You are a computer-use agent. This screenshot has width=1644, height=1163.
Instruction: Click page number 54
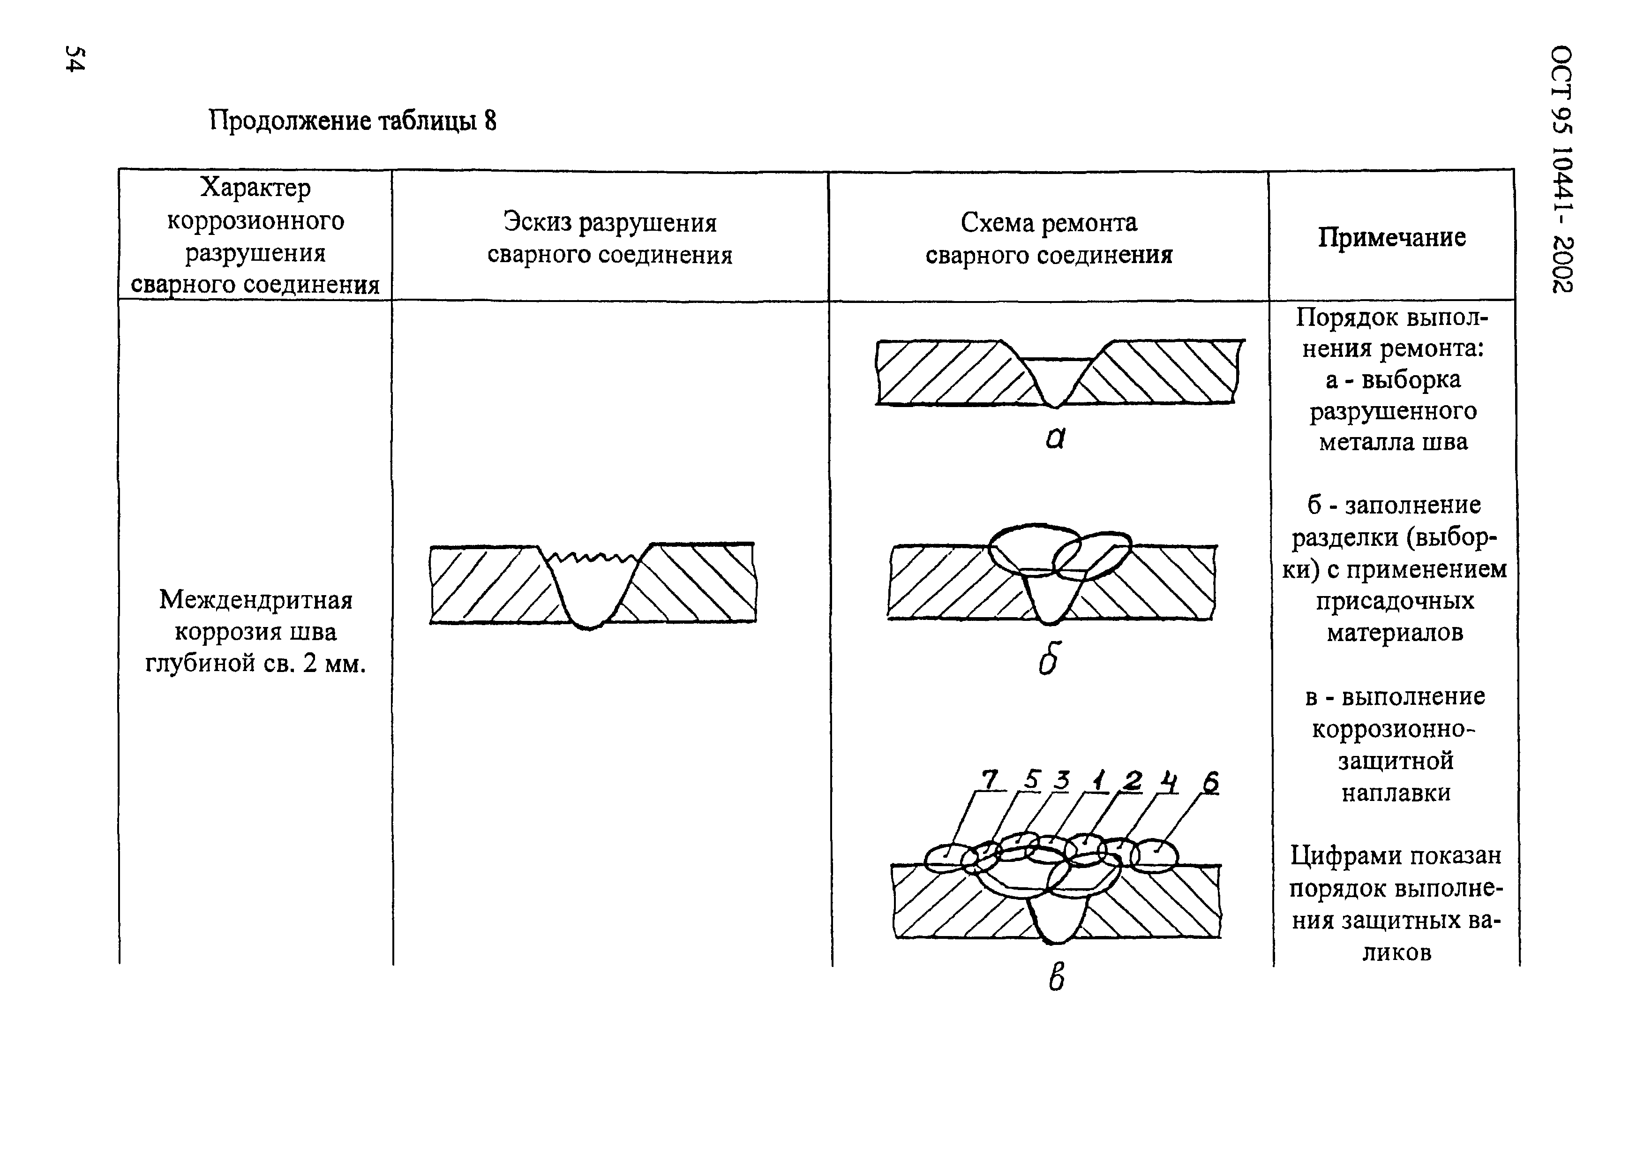[x=75, y=59]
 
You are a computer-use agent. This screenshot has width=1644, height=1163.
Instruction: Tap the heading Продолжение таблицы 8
[x=353, y=121]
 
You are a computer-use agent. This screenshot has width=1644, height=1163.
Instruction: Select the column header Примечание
[x=1391, y=237]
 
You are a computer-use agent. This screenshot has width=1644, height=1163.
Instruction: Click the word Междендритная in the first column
[x=255, y=599]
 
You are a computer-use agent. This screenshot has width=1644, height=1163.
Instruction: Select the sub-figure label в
[x=1056, y=977]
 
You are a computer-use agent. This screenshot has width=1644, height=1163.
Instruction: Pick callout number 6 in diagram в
[x=1209, y=783]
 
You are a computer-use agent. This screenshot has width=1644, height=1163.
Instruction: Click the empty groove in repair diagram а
[x=1056, y=376]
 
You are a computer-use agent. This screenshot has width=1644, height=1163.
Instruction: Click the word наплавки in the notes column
[x=1396, y=792]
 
